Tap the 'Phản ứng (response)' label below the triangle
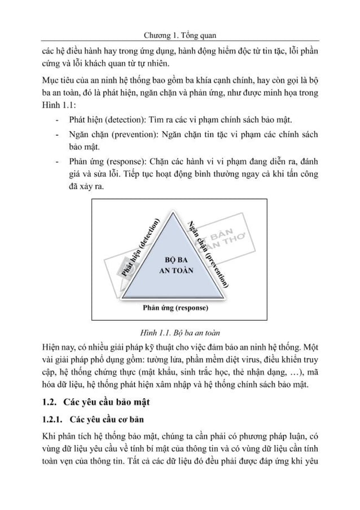(x=175, y=308)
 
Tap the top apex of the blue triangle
(x=174, y=216)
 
